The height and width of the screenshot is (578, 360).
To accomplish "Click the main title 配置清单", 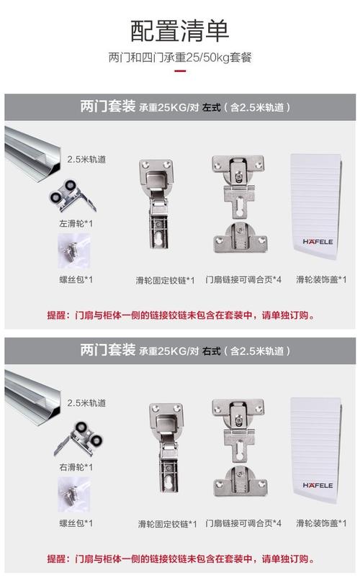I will tap(179, 31).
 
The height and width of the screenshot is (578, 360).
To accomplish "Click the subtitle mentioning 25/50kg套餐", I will tap(179, 58).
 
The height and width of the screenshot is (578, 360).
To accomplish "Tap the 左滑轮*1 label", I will tap(76, 224).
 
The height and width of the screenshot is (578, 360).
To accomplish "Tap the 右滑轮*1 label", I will tap(76, 467).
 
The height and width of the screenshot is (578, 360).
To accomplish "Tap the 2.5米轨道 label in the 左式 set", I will tap(86, 160).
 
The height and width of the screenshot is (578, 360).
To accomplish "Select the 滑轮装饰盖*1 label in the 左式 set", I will tap(321, 279).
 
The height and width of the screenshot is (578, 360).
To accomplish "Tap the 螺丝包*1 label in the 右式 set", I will tap(76, 523).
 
